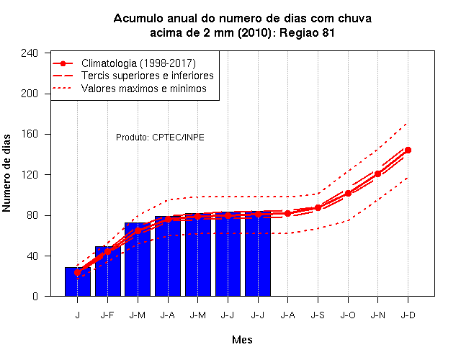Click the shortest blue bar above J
pyautogui.click(x=78, y=282)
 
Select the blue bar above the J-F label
pyautogui.click(x=108, y=271)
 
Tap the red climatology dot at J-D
pyautogui.click(x=408, y=150)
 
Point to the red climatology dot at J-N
pyautogui.click(x=377, y=174)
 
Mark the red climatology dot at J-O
pyautogui.click(x=348, y=194)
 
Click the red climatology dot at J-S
pyautogui.click(x=318, y=208)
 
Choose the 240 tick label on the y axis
pyautogui.click(x=30, y=53)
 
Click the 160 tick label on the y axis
pyautogui.click(x=30, y=134)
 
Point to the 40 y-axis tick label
pyautogui.click(x=32, y=256)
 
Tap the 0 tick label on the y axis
pyautogui.click(x=35, y=296)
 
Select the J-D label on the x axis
pyautogui.click(x=408, y=315)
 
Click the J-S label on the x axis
pyautogui.click(x=318, y=315)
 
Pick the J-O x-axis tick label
pyautogui.click(x=348, y=315)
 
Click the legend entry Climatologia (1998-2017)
pyautogui.click(x=138, y=63)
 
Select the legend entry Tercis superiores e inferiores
pyautogui.click(x=148, y=76)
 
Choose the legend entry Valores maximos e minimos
pyautogui.click(x=144, y=88)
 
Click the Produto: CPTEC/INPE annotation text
pyautogui.click(x=160, y=138)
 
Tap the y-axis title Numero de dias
pyautogui.click(x=6, y=173)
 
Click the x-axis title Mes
pyautogui.click(x=242, y=340)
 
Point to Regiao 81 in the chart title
pyautogui.click(x=307, y=32)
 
